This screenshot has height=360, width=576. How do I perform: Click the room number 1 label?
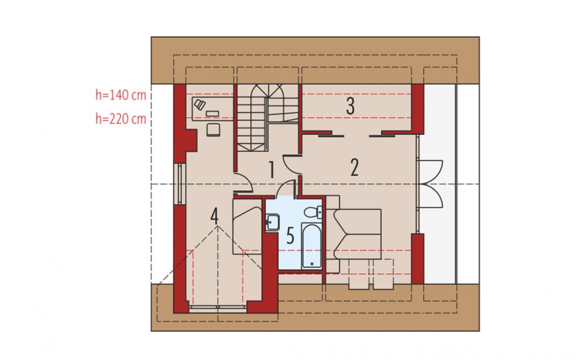271,169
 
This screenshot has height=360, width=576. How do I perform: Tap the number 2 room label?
354,167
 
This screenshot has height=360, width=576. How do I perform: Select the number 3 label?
350,106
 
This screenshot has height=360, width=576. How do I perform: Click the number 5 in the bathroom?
290,236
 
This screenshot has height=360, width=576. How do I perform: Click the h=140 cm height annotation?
121,95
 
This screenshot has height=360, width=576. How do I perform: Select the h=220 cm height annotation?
121,119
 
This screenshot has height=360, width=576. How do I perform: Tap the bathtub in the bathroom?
311,246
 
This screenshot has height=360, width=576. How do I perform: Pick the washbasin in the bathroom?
272,223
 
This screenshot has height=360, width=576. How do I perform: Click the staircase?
267,117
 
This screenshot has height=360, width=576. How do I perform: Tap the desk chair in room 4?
213,130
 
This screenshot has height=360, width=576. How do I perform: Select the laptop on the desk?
199,104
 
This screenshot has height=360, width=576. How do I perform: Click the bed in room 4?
247,226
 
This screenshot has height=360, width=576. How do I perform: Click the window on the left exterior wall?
180,183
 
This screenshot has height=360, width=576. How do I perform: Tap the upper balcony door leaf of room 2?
431,170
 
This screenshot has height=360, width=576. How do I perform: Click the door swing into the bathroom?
287,189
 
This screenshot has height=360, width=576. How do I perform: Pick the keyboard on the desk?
213,113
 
